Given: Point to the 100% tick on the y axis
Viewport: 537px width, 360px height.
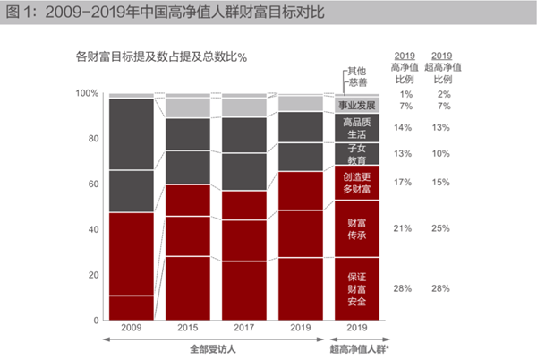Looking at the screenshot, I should point(87,93).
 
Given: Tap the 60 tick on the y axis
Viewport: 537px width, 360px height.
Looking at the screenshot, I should point(92,184).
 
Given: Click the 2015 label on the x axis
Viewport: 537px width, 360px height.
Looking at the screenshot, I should point(188,328).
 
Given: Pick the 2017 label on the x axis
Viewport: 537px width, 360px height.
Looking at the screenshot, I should point(244,328).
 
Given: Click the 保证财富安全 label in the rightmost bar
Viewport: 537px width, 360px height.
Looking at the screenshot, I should point(356,289).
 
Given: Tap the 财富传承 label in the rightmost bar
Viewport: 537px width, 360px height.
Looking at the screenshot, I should point(356,228).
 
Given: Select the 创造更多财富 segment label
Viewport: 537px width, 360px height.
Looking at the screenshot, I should point(356,183).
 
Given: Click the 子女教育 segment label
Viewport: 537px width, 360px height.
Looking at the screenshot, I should point(356,153).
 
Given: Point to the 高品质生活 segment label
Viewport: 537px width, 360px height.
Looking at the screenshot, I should point(356,128).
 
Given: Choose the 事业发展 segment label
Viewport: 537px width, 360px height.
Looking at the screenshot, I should point(356,106).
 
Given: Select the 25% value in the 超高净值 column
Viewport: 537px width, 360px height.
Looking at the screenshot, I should point(441,228).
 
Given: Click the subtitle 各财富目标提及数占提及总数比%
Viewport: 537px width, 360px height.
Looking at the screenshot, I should point(161,57).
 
